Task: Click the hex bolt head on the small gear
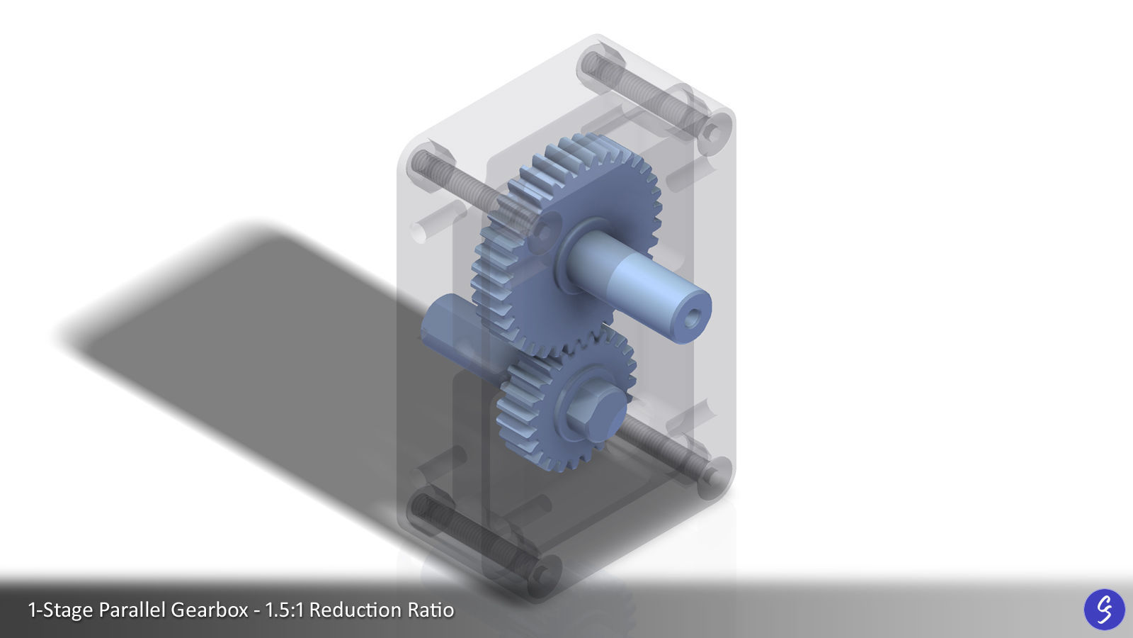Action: [598, 411]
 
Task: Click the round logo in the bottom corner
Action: [1104, 609]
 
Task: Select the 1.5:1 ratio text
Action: [285, 610]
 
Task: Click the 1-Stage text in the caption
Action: [60, 610]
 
